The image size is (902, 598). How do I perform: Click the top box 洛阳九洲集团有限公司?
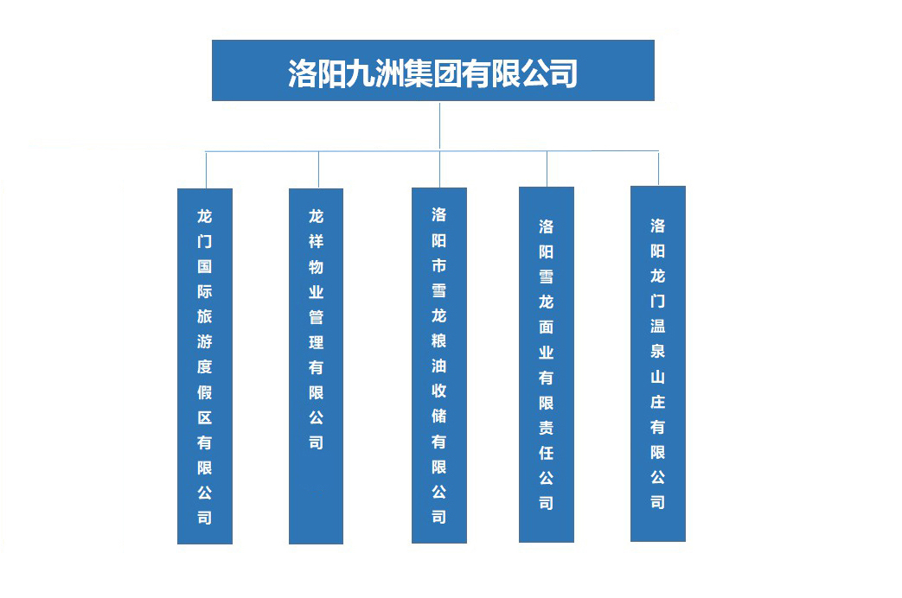coord(433,70)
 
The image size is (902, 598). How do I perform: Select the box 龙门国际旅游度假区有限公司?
coord(205,366)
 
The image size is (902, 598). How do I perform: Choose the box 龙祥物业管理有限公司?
coord(316,366)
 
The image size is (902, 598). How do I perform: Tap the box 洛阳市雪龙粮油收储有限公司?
coord(439,366)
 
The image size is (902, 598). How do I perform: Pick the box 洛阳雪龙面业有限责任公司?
coord(547,365)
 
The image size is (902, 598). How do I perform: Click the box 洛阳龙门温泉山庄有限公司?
coord(658,364)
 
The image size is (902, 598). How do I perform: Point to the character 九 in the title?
coord(360,73)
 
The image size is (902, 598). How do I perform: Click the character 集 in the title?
coord(419,73)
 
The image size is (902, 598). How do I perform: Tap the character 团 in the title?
coord(447,73)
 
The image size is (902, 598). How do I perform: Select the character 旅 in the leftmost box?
coord(205,316)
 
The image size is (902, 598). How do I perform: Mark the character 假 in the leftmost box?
coord(205,392)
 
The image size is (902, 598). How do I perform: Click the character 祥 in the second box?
coord(316,241)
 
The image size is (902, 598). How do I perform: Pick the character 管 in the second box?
coord(316,317)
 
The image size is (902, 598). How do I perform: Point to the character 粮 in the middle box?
coord(439,340)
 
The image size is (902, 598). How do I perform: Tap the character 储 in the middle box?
coord(439,417)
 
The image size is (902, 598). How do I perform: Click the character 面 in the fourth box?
coord(547,328)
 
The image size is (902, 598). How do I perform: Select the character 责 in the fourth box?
coord(547,428)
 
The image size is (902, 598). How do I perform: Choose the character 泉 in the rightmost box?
coord(658,352)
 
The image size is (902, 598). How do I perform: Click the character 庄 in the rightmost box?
coord(658,402)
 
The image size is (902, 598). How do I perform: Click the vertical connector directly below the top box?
coord(440,126)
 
